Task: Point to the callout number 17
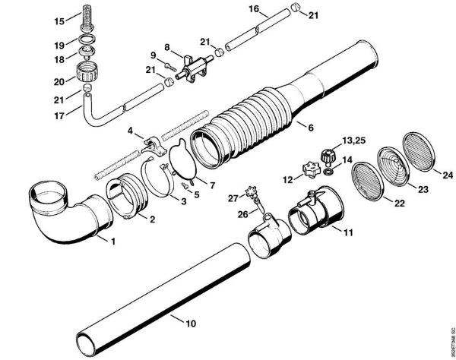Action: [x=59, y=116]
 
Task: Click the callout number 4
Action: [x=131, y=131]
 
